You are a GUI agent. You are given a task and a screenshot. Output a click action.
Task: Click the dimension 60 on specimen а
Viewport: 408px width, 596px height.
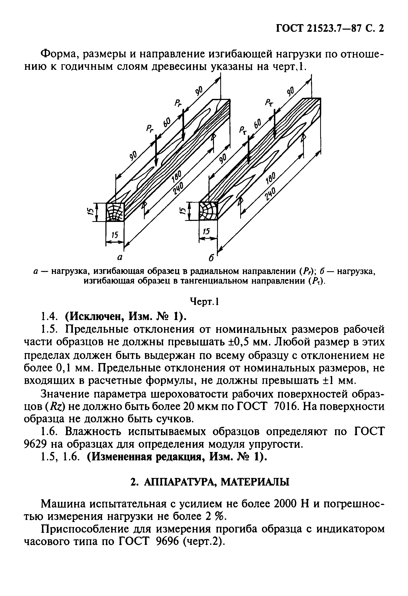pyautogui.click(x=167, y=122)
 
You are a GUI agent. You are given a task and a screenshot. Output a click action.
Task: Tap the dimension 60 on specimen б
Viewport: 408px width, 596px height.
pyautogui.click(x=258, y=123)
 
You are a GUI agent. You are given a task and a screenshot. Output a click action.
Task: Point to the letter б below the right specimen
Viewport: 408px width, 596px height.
pyautogui.click(x=211, y=258)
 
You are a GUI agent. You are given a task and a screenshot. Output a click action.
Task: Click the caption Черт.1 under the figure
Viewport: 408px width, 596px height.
pyautogui.click(x=204, y=302)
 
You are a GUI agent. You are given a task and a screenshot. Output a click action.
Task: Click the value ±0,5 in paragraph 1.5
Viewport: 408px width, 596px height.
pyautogui.click(x=237, y=342)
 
